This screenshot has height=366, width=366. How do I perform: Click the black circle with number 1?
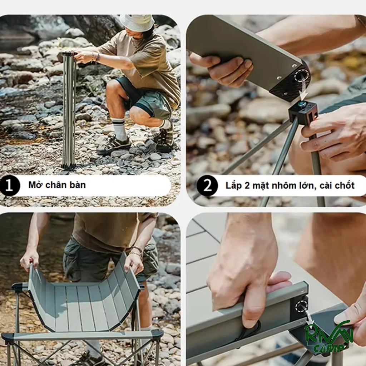(x=9, y=186)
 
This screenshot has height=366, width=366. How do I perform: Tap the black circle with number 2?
(x=207, y=186)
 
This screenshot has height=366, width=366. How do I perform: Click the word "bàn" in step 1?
(x=77, y=185)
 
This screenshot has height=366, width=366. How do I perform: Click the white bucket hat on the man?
(x=137, y=22)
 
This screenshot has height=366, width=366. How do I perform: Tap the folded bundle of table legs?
(x=69, y=110)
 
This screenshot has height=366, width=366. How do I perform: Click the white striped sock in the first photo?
(x=119, y=129)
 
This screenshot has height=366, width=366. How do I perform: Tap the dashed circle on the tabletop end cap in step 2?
(x=302, y=77)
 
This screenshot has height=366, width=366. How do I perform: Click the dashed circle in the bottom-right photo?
(x=301, y=305)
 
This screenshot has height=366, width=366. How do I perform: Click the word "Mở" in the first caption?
(x=35, y=185)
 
